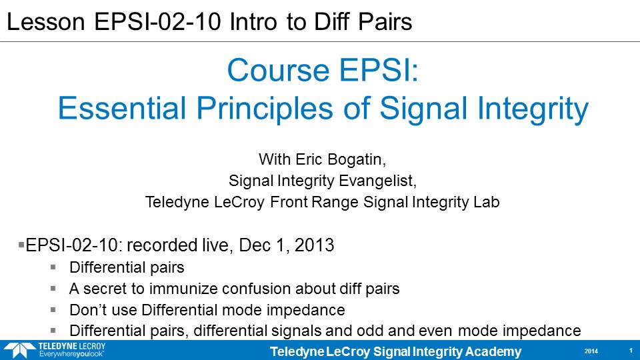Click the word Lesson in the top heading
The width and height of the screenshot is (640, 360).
46,21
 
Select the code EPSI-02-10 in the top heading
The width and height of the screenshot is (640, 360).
157,21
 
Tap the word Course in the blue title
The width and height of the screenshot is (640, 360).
279,70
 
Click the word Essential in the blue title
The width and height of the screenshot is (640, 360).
122,108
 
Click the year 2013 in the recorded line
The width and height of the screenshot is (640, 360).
314,245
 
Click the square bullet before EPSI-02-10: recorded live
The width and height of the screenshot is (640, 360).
21,245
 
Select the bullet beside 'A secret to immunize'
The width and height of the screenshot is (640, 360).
53,288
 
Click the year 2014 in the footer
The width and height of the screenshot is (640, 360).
591,351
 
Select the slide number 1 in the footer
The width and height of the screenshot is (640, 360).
631,351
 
